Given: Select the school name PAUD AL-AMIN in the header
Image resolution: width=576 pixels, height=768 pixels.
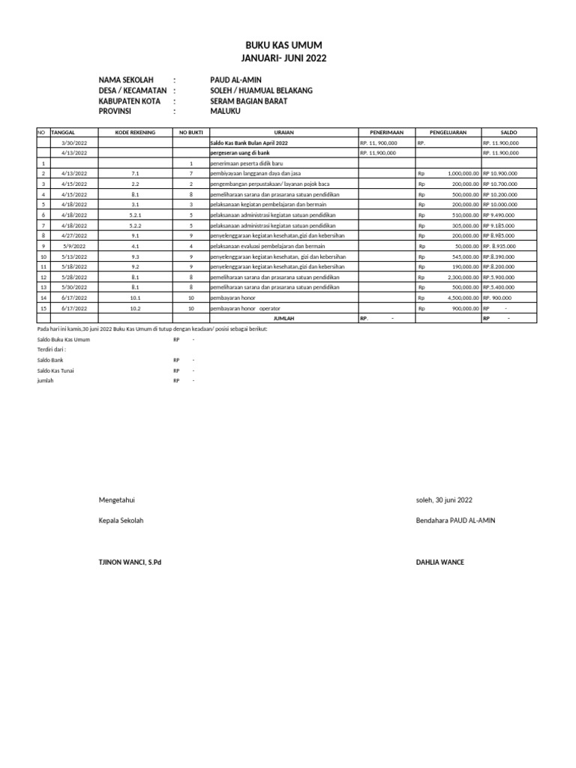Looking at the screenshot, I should (235, 79).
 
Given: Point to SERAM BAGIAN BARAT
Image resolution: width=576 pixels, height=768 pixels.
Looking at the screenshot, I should (248, 100).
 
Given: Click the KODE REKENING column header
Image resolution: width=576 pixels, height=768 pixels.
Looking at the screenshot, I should (135, 132).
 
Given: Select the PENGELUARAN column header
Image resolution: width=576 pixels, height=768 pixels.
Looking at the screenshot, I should (448, 132).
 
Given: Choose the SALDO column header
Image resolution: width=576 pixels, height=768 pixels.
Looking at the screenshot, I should (509, 132).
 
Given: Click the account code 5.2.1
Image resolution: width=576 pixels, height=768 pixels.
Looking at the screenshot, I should (135, 214).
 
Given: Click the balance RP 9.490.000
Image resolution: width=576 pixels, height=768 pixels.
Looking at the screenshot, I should (500, 214).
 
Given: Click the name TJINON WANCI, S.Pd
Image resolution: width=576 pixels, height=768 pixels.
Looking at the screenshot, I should (130, 562).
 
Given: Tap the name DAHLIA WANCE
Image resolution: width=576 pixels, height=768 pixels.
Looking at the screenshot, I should (439, 562).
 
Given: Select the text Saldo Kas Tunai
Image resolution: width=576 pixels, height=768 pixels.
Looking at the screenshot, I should (55, 370).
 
